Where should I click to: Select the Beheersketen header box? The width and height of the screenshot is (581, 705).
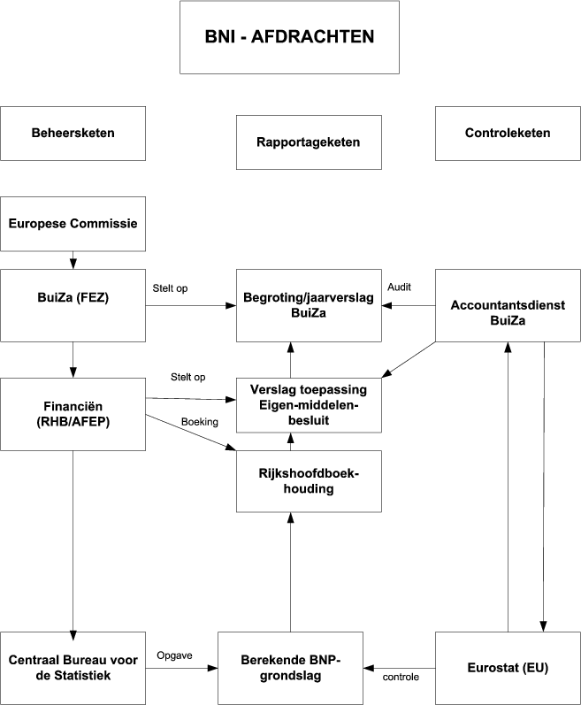pos(73,134)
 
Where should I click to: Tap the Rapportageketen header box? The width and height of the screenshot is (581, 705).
pos(309,142)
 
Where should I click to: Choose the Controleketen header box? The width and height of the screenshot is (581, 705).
pos(507,134)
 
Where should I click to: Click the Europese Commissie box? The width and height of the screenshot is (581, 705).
pos(73,223)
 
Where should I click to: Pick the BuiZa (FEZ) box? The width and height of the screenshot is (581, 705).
pos(73,305)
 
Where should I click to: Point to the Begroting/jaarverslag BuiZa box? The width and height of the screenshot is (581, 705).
pos(309,305)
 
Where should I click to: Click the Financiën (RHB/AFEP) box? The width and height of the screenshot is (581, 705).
pos(73,412)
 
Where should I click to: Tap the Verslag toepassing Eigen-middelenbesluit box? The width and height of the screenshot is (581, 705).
pos(309,405)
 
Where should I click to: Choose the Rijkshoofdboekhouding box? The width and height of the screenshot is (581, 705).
pos(309,481)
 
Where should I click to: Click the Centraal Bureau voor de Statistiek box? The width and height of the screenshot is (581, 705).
pos(73,668)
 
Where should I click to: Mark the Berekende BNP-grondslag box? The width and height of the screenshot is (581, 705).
pos(291,668)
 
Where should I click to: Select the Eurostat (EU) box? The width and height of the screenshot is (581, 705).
pos(507,668)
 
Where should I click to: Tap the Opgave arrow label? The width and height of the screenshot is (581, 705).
pos(174,655)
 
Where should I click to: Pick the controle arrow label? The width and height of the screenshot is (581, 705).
pos(401,677)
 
